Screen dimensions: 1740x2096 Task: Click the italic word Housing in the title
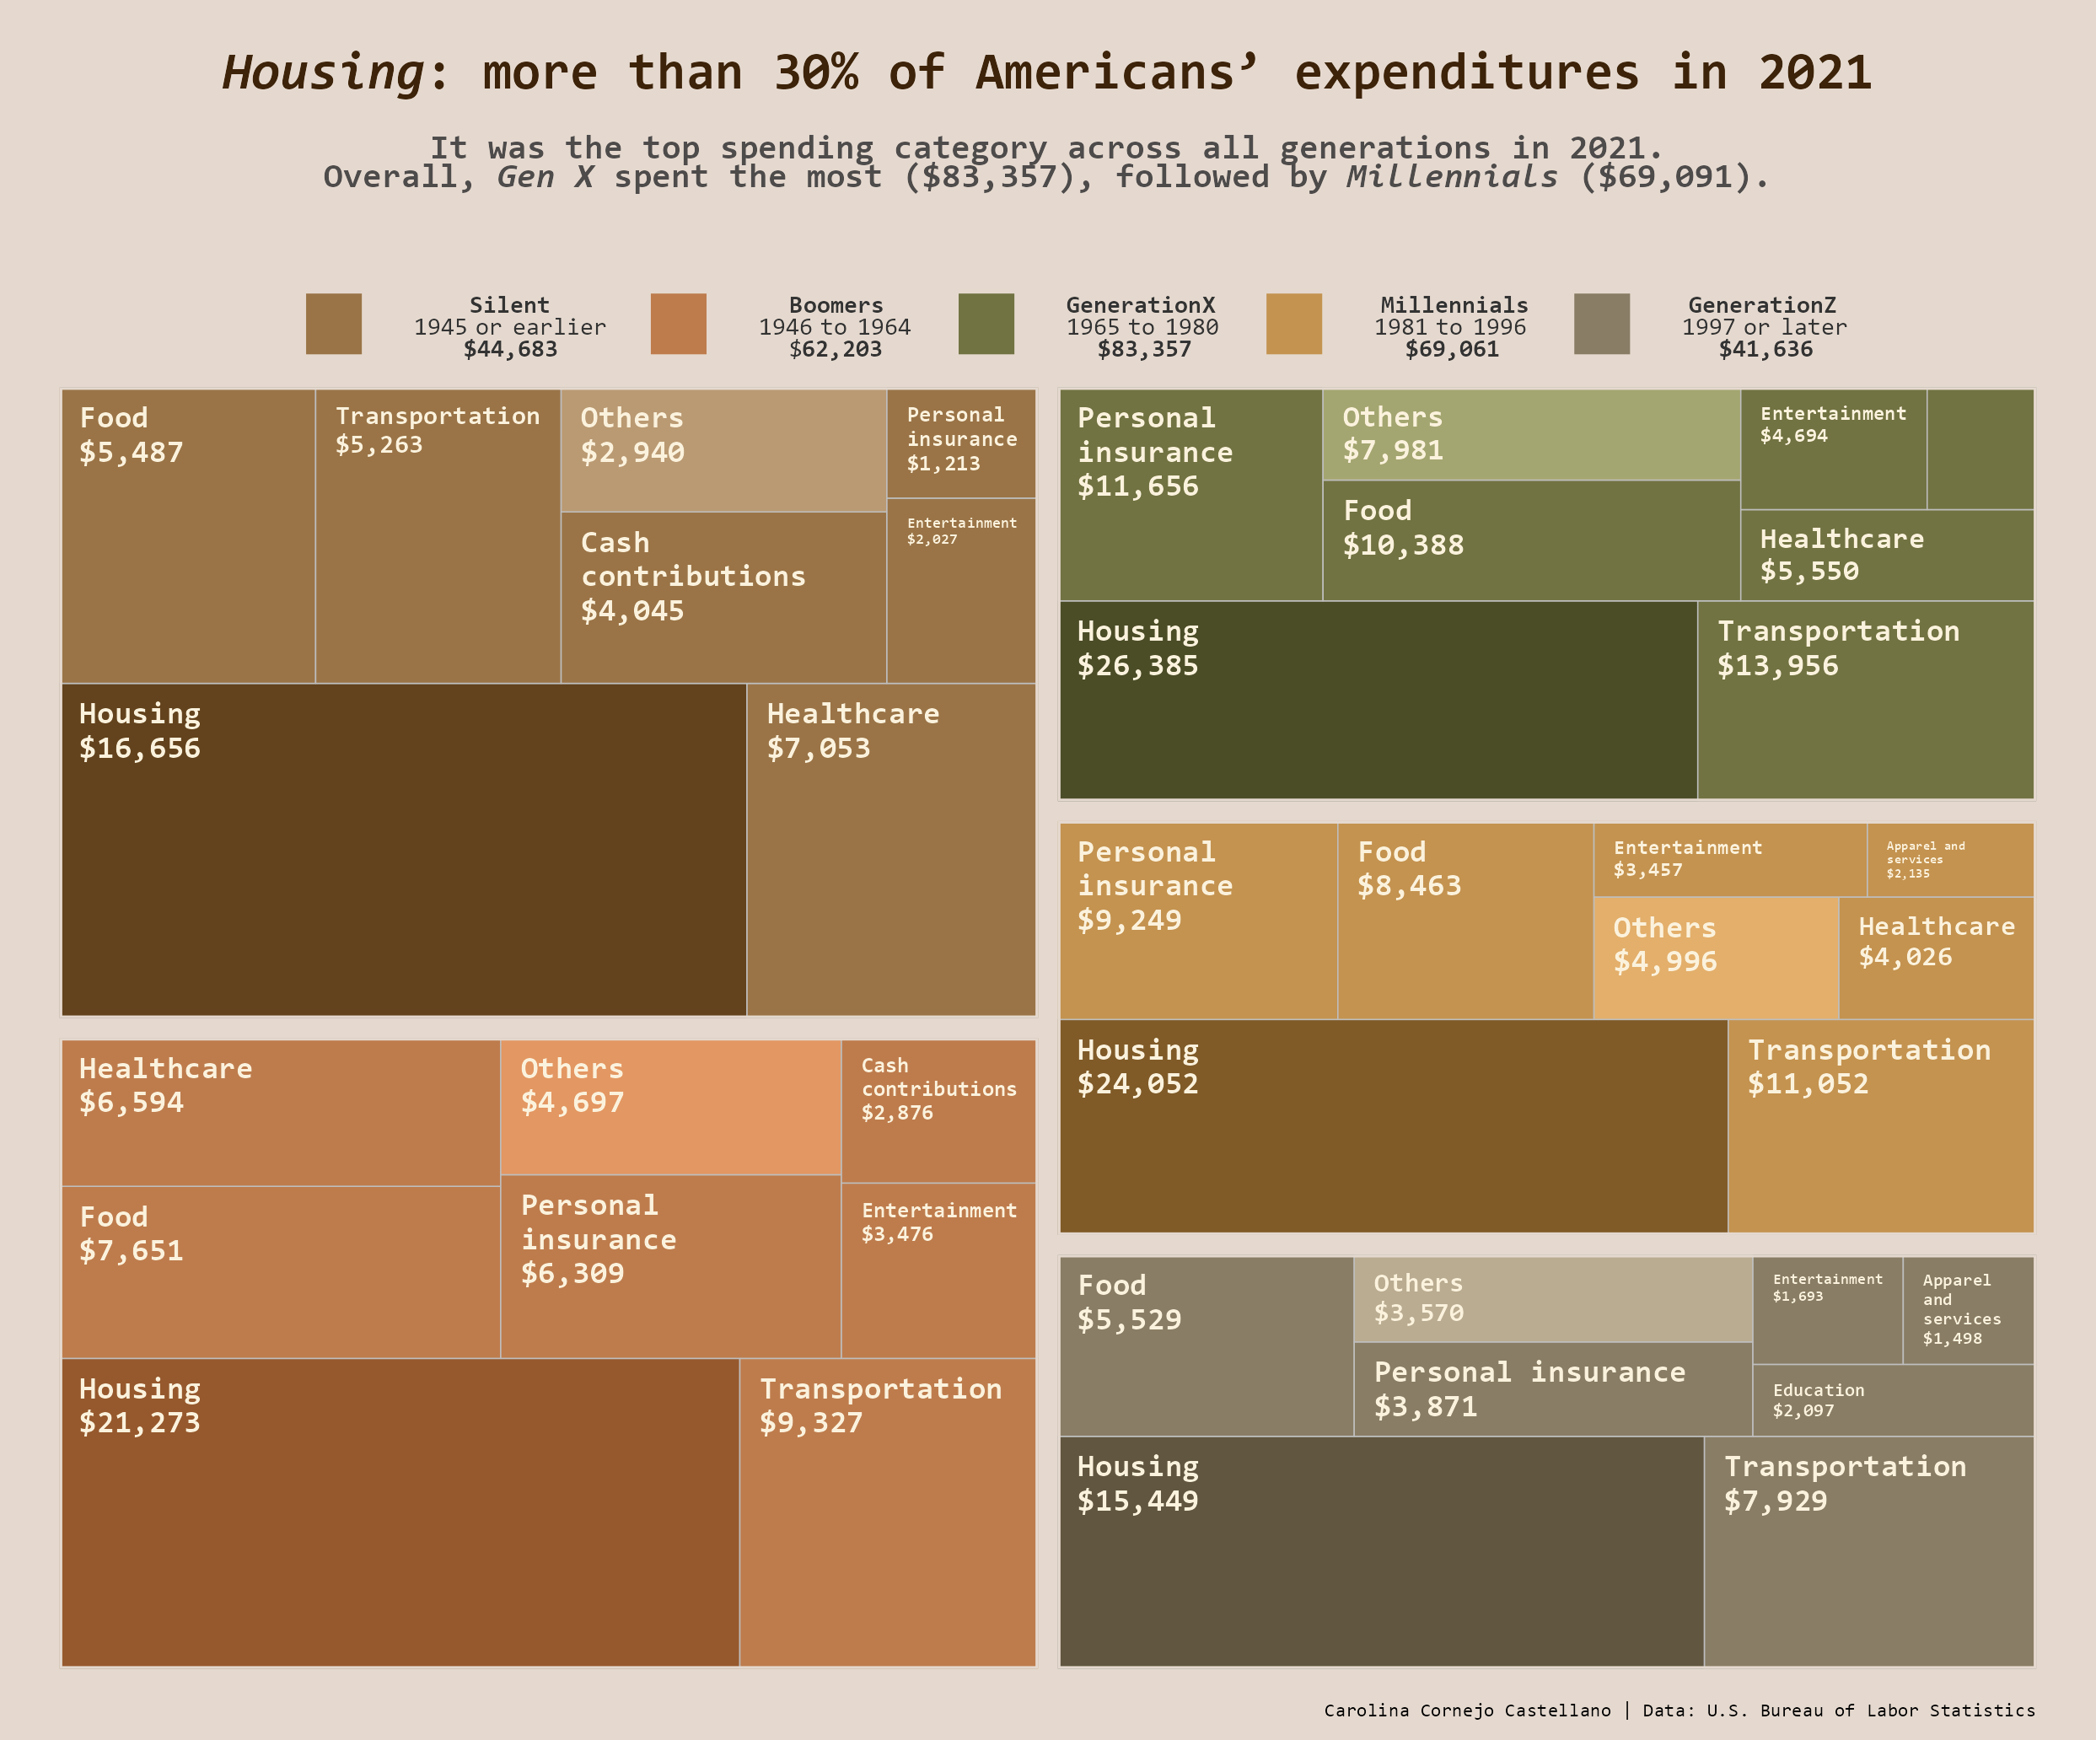click(x=325, y=72)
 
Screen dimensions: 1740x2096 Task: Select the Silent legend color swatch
click(x=333, y=323)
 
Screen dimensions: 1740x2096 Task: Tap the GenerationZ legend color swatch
click(x=1601, y=323)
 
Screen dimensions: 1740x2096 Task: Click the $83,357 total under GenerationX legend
click(x=1144, y=349)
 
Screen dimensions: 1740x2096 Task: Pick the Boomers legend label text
click(x=836, y=305)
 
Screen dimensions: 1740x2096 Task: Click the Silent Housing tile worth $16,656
click(x=403, y=849)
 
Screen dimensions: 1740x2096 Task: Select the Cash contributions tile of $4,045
click(x=723, y=597)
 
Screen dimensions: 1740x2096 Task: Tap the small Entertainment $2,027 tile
click(x=960, y=589)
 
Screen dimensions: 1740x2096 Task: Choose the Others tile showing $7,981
click(x=1530, y=434)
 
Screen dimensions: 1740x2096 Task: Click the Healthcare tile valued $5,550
click(x=1885, y=555)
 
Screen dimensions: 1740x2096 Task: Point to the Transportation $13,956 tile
click(x=1864, y=698)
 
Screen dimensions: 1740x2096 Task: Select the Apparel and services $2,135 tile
click(x=1949, y=859)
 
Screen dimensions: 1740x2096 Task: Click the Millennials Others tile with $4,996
click(x=1715, y=957)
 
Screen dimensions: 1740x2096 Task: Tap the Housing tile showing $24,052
click(x=1392, y=1125)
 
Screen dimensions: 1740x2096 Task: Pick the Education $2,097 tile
click(x=1893, y=1399)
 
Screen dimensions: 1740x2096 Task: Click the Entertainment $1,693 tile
click(x=1826, y=1309)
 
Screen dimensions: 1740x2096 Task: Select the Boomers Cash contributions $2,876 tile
click(x=938, y=1110)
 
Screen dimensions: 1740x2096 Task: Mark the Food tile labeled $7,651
click(x=281, y=1271)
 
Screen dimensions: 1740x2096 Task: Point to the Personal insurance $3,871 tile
click(x=1552, y=1388)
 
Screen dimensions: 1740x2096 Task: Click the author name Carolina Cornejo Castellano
click(x=1466, y=1710)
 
